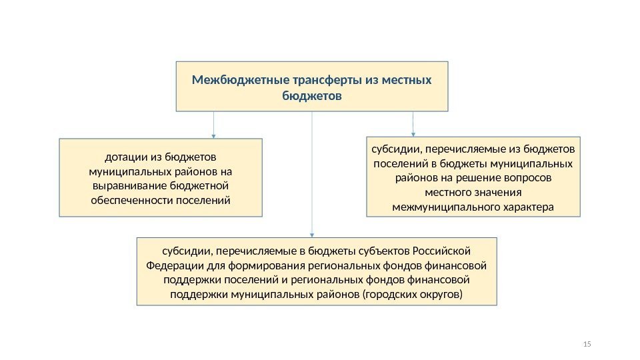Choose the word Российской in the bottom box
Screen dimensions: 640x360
[x=442, y=251]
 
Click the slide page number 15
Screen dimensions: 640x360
[x=587, y=344]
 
